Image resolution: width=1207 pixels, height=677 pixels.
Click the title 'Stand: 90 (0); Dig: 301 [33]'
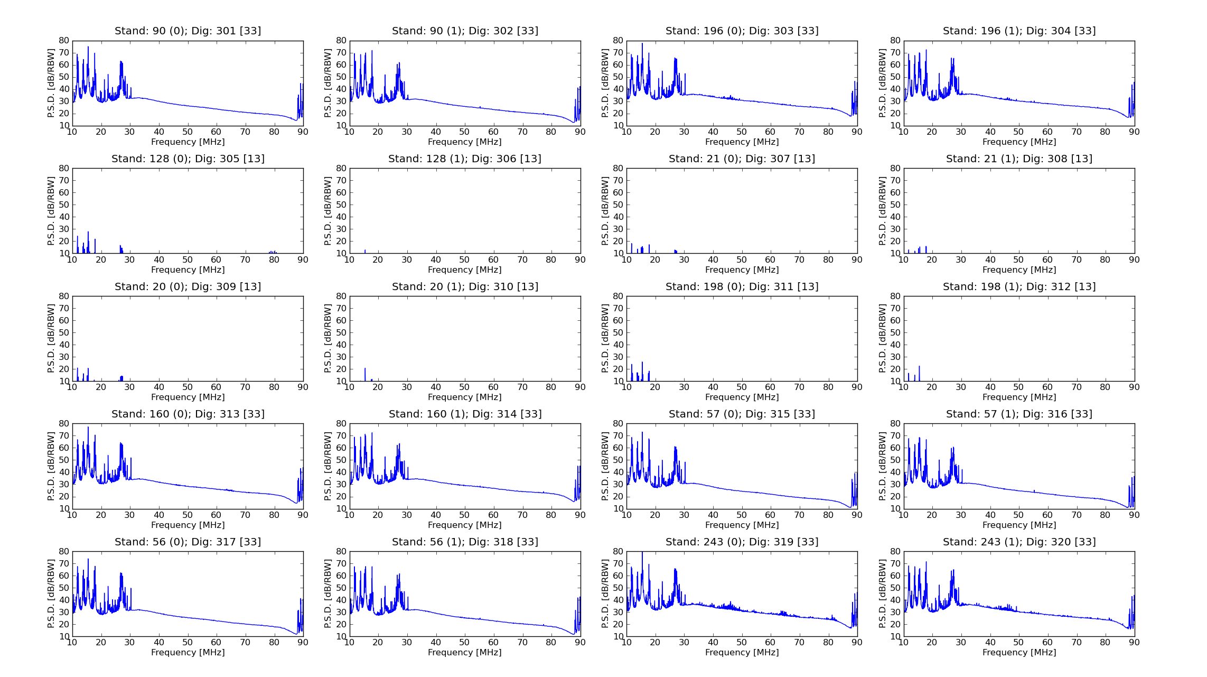[x=188, y=31]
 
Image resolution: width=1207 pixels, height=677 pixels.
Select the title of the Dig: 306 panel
[x=465, y=159]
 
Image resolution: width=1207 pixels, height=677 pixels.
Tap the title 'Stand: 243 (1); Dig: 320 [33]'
[x=1019, y=542]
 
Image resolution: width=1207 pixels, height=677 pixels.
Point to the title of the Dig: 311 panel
[x=742, y=286]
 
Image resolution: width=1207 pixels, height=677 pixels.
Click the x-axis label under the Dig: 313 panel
[x=188, y=525]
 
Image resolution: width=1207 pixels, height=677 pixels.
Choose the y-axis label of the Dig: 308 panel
[x=883, y=211]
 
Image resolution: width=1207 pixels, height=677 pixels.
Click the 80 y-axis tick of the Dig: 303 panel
[x=618, y=40]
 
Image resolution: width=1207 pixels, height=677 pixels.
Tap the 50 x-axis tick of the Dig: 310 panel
[x=464, y=387]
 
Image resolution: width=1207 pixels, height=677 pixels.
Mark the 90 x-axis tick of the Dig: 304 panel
[x=1134, y=132]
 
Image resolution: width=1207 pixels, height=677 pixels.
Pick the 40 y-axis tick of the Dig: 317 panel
[x=64, y=600]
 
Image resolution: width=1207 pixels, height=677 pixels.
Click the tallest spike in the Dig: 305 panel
[x=88, y=242]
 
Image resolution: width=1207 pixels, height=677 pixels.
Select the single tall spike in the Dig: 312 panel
[x=919, y=373]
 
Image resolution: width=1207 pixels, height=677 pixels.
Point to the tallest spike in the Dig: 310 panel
[x=365, y=374]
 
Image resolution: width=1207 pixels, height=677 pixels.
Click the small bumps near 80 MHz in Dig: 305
[x=273, y=252]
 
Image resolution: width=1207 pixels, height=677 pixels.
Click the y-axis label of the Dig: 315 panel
[x=605, y=466]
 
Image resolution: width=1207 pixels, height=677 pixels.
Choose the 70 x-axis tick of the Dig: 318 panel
[x=522, y=642]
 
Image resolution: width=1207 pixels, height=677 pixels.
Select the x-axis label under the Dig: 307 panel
[x=742, y=270]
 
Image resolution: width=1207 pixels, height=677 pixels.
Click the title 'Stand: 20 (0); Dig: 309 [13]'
[x=188, y=286]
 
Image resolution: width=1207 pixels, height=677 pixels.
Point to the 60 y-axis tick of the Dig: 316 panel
[x=895, y=448]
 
